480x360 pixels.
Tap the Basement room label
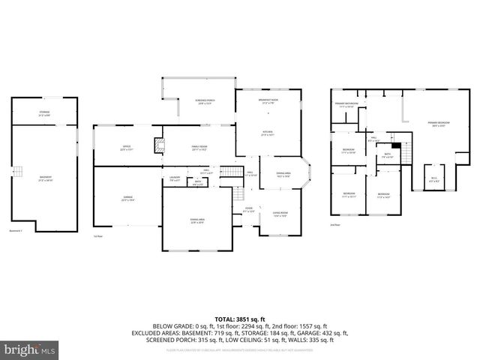(46, 178)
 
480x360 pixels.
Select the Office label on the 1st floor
(126, 147)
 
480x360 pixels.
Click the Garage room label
(128, 198)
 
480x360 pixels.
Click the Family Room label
(199, 147)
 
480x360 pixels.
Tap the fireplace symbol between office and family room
(158, 145)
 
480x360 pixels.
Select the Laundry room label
(175, 179)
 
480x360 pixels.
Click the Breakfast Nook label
(268, 101)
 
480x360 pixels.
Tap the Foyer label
(248, 210)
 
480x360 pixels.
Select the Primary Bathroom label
(346, 105)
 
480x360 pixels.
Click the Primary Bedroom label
(439, 123)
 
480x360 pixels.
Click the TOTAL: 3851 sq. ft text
(239, 318)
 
